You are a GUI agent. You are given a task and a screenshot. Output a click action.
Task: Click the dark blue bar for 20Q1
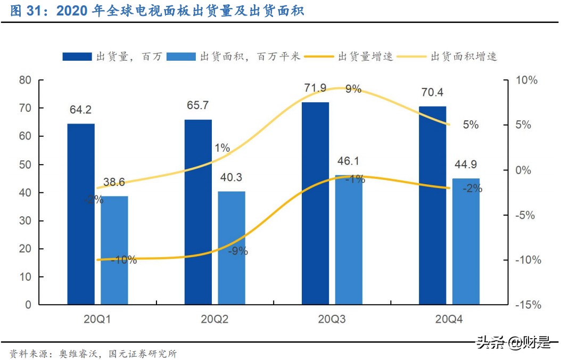pyautogui.click(x=81, y=214)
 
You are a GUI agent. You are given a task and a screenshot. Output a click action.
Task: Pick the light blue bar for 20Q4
pyautogui.click(x=466, y=241)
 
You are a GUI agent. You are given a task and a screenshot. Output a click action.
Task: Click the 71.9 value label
pyautogui.click(x=316, y=88)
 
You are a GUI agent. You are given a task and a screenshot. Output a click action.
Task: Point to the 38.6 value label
pyautogui.click(x=114, y=182)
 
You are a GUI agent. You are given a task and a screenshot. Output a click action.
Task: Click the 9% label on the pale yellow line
pyautogui.click(x=353, y=89)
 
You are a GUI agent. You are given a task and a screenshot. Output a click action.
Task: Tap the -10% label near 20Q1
pyautogui.click(x=124, y=260)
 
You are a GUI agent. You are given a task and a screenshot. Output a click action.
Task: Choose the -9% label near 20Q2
pyautogui.click(x=237, y=251)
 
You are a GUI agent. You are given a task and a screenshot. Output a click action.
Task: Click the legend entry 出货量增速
pyautogui.click(x=365, y=56)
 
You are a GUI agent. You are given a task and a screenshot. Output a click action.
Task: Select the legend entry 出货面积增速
pyautogui.click(x=463, y=56)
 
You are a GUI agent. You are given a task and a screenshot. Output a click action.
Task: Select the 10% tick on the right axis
pyautogui.click(x=527, y=80)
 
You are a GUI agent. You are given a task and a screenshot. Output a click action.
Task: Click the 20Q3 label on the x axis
pyautogui.click(x=332, y=320)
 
